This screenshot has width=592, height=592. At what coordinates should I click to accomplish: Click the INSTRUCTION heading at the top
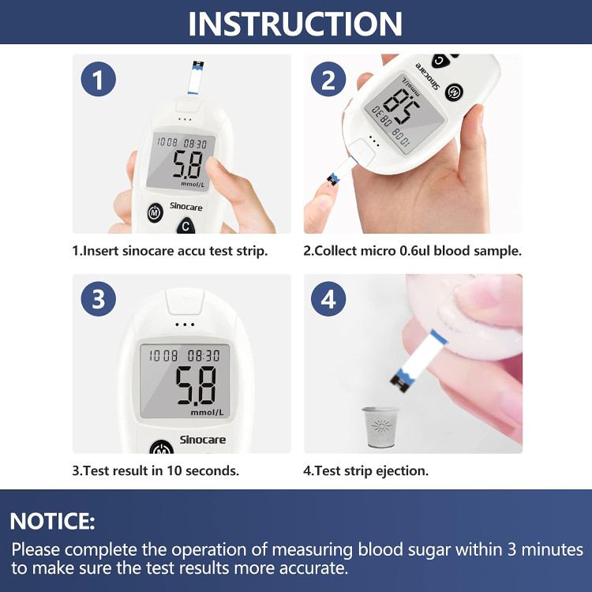click(x=295, y=24)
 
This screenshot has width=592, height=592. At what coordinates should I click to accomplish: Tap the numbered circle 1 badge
click(x=98, y=79)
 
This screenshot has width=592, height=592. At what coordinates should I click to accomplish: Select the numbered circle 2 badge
click(x=328, y=79)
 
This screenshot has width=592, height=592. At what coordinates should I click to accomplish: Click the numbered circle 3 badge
click(x=98, y=299)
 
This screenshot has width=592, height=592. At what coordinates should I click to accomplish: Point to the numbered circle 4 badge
click(x=328, y=299)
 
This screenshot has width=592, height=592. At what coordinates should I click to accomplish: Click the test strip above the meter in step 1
click(x=196, y=77)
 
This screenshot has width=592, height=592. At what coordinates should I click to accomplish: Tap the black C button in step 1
click(x=185, y=226)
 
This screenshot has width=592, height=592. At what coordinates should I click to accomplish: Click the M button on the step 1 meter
click(x=155, y=213)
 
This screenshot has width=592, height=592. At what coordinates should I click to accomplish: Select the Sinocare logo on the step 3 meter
click(x=202, y=440)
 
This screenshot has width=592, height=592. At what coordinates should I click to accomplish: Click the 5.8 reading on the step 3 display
click(x=197, y=385)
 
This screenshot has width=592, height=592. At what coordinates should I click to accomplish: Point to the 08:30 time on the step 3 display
click(x=204, y=356)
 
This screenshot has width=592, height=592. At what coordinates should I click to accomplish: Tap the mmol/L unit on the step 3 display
click(x=208, y=412)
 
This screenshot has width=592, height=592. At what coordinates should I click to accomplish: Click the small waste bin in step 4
click(x=380, y=427)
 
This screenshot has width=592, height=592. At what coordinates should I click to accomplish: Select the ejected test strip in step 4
click(x=418, y=361)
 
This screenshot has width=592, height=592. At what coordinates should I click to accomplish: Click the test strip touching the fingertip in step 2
click(x=342, y=170)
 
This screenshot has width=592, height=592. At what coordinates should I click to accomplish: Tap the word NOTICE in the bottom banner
click(x=52, y=522)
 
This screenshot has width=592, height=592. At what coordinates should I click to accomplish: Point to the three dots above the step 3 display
click(x=185, y=324)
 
